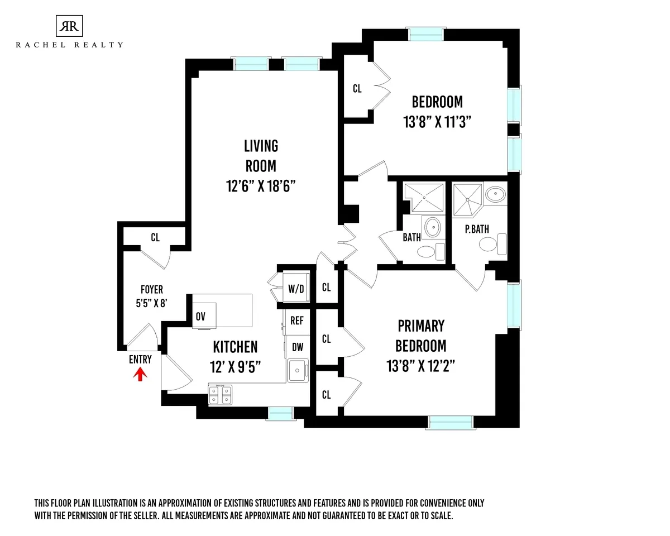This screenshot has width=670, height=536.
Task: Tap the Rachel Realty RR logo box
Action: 69,26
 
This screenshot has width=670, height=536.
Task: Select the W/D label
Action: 295,289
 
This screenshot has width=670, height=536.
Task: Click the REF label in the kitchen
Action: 297,320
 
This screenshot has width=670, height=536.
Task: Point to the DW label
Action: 297,347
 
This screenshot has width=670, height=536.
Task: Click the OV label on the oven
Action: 200,317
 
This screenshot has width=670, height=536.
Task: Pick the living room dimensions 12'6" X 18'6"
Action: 261,185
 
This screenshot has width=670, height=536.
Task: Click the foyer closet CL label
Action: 155,237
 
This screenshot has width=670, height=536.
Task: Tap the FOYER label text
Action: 151,290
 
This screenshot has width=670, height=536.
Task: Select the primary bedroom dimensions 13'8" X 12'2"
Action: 422,366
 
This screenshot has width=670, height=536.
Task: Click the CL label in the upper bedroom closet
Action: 357,88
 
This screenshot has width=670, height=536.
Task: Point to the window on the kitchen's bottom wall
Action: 280,413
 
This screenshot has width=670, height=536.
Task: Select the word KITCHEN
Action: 235,347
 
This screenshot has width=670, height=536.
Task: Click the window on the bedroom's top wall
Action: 426,34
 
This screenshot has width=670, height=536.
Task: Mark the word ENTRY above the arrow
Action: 140,360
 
